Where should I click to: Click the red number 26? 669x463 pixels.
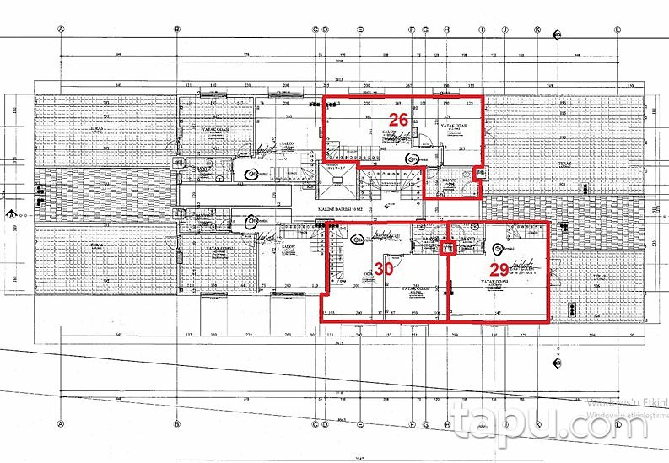coord(399,120)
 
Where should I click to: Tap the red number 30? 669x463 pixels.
coord(384,269)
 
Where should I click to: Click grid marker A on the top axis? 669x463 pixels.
coord(62,29)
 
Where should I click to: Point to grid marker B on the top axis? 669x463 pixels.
coord(177,29)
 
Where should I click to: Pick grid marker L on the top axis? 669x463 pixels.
coord(618,29)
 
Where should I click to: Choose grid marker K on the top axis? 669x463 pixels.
coord(537,29)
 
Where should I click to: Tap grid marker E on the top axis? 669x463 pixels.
coord(360,29)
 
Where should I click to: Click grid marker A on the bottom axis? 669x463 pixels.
coord(62,423)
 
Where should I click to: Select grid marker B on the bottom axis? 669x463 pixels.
coord(177,423)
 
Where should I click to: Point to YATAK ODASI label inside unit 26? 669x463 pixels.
coord(455,125)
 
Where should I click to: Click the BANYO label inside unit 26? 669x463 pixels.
coord(450,180)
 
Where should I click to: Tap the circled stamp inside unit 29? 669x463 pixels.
coord(499,249)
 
